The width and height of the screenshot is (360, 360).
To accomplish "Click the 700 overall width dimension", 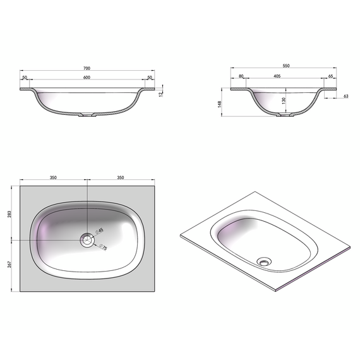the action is (87, 68).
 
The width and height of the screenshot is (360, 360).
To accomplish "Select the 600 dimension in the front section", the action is (87, 78).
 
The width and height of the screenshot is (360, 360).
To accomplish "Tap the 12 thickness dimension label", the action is (160, 93).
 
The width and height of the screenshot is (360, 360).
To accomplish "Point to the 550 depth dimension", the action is (286, 66).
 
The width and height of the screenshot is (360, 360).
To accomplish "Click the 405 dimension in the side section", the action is (277, 76).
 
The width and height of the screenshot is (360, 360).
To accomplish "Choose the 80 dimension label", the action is (241, 76).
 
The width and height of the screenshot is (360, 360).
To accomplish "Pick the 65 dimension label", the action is (330, 76).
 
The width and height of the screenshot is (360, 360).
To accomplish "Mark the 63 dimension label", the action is (345, 96).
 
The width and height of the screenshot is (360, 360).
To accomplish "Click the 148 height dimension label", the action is (220, 104).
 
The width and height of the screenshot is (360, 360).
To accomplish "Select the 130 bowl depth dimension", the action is (284, 100).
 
